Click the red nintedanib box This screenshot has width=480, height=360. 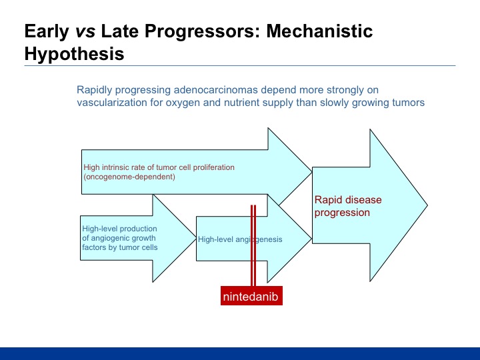point(251,296)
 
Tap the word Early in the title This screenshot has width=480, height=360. point(47,31)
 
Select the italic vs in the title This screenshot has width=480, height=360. point(85,32)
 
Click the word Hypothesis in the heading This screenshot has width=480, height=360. point(75,54)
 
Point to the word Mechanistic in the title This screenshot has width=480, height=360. point(319,31)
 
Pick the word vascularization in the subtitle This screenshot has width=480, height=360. point(112,102)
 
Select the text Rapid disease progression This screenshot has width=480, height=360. point(348,206)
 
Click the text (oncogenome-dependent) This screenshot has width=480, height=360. point(129,177)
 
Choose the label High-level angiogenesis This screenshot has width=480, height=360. point(240,239)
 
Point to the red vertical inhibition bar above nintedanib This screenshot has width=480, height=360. point(253,245)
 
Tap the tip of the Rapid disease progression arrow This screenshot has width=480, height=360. point(427,205)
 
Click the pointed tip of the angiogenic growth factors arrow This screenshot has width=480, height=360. point(196,238)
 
